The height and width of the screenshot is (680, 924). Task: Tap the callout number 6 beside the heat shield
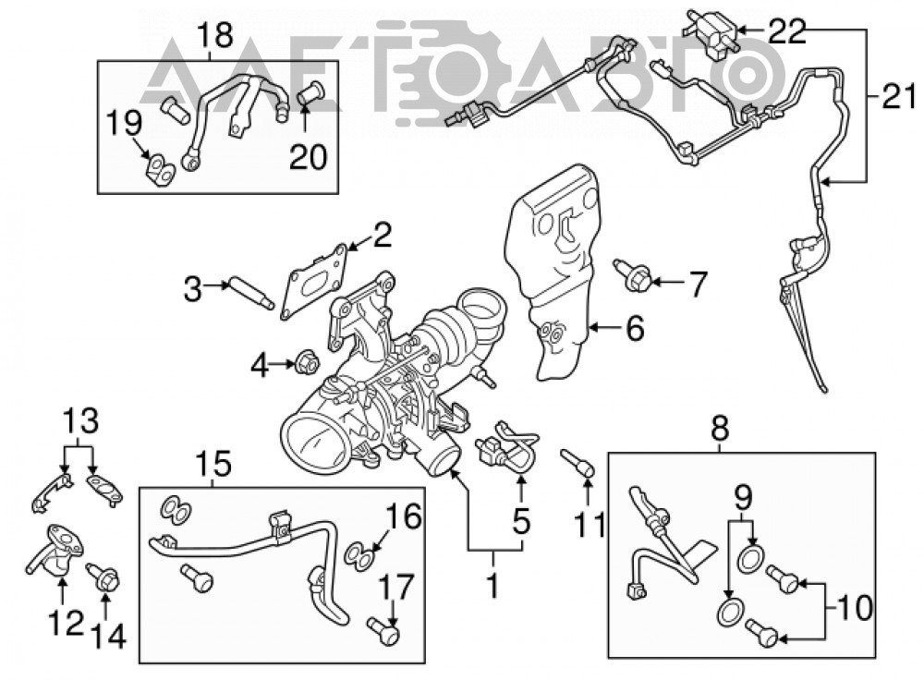(634, 328)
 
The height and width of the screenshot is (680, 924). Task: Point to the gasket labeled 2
(313, 280)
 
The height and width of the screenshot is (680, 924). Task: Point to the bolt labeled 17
(383, 631)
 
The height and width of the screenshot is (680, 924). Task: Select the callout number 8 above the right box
(720, 429)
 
